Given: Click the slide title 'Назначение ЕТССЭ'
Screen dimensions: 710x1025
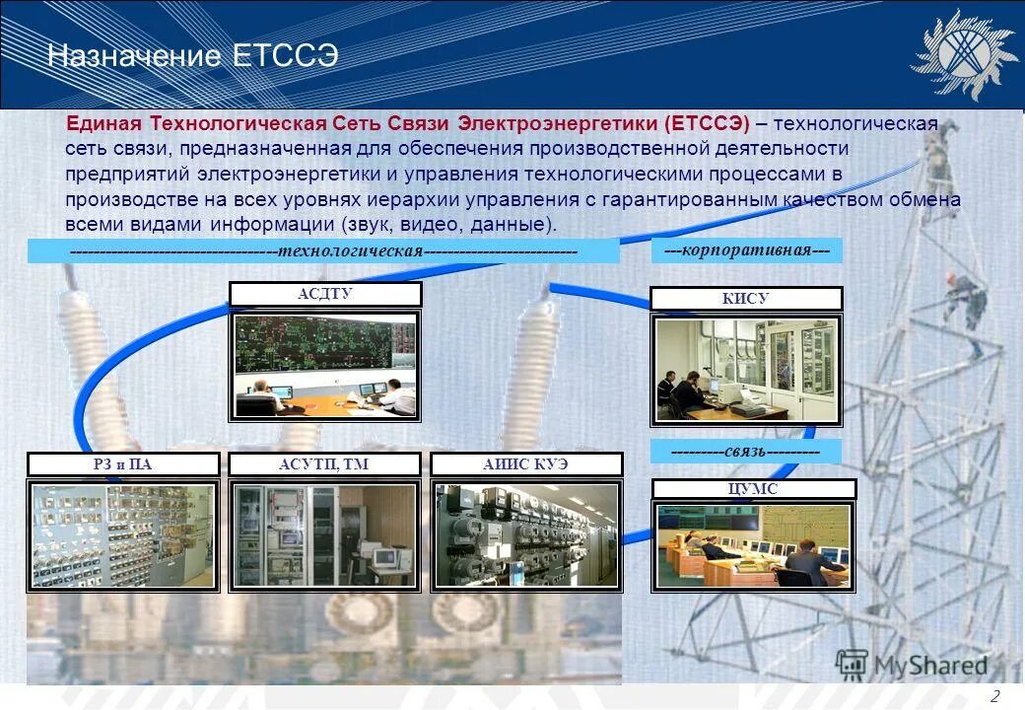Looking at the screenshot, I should click(x=192, y=56).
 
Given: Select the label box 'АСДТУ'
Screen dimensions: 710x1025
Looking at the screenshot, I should click(x=325, y=294).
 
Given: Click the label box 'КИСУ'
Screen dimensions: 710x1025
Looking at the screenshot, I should click(x=746, y=299).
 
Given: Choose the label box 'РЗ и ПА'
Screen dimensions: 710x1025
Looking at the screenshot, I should click(x=125, y=464).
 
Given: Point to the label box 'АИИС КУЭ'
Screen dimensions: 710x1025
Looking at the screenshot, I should click(x=527, y=464).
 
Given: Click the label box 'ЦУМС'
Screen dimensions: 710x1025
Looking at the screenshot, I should click(x=753, y=489).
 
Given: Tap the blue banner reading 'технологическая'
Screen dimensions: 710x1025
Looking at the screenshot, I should click(x=323, y=251).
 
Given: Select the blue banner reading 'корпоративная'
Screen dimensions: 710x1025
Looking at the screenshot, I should click(x=747, y=250).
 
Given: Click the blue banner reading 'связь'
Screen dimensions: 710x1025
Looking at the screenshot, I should click(x=746, y=452).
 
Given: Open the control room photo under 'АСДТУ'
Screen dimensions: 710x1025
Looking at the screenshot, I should click(x=325, y=365).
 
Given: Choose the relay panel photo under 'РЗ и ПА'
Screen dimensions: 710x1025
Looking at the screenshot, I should click(x=123, y=535).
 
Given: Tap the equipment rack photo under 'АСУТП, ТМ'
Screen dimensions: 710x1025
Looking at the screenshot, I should click(x=325, y=535).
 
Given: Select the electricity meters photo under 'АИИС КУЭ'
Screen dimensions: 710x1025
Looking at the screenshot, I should click(x=527, y=535).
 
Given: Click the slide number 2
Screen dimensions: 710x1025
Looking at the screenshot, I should click(x=995, y=696).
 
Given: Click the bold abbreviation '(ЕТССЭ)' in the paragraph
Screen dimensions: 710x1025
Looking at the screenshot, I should click(x=707, y=124).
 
